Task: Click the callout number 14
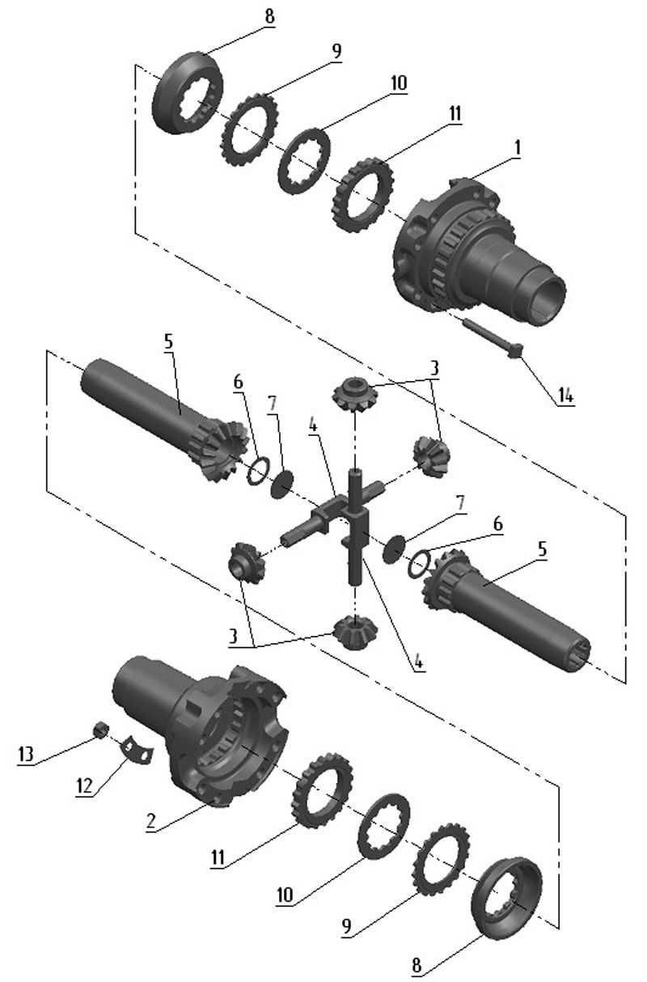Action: [565, 396]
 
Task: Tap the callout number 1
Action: [518, 148]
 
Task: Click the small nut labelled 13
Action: [101, 729]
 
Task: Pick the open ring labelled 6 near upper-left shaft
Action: [258, 471]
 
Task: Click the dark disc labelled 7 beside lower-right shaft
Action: [393, 549]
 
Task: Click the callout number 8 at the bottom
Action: [417, 965]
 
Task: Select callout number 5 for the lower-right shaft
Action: [542, 549]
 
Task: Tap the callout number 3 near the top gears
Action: [434, 368]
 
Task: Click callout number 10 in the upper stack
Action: [399, 83]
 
